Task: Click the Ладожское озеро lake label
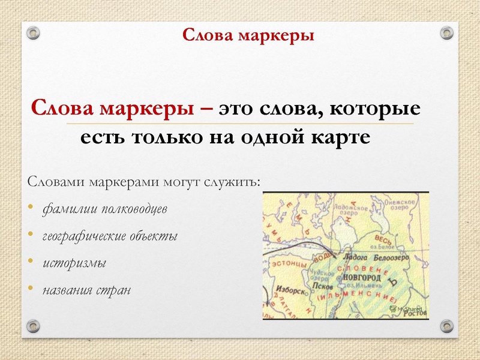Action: pyautogui.click(x=340, y=209)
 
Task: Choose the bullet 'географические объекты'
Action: pyautogui.click(x=110, y=236)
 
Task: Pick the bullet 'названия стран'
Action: pyautogui.click(x=85, y=290)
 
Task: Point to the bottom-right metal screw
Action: pyautogui.click(x=446, y=326)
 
